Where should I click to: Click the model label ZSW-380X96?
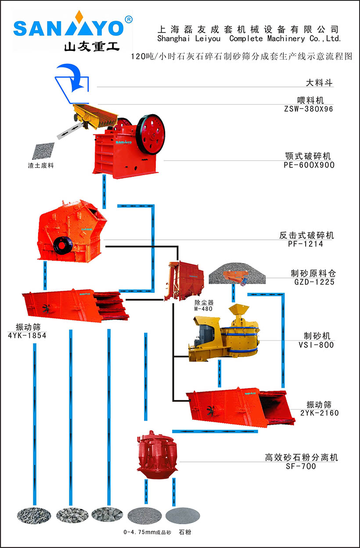pyautogui.click(x=309, y=109)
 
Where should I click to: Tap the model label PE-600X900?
pyautogui.click(x=309, y=166)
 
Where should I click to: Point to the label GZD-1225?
pyautogui.click(x=314, y=282)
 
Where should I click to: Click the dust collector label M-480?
pyautogui.click(x=203, y=309)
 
